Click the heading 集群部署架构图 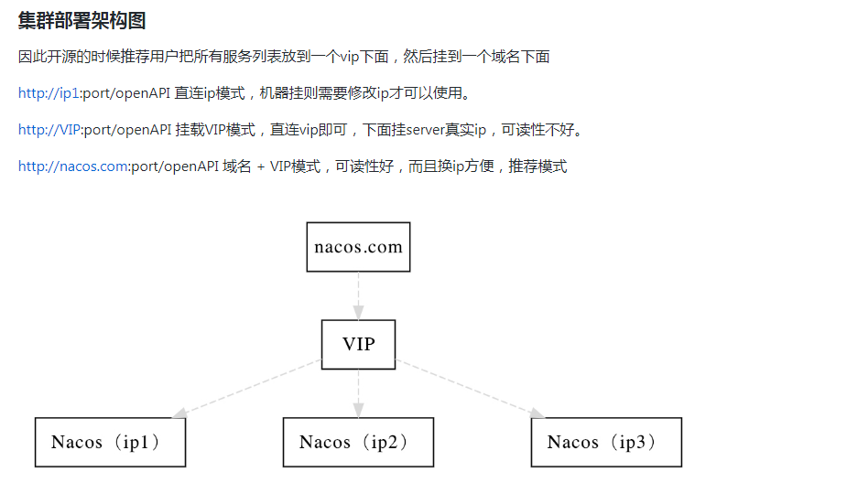click(x=82, y=21)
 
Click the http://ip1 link click(x=48, y=93)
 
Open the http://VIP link click(x=49, y=130)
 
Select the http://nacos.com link click(x=72, y=166)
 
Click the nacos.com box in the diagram click(x=358, y=247)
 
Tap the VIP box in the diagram click(x=358, y=345)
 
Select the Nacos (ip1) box click(x=110, y=443)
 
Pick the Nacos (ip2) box click(x=358, y=443)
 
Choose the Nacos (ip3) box click(x=606, y=443)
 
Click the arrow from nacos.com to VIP click(x=358, y=295)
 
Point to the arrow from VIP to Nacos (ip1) click(x=247, y=389)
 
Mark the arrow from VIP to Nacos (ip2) click(x=358, y=393)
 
